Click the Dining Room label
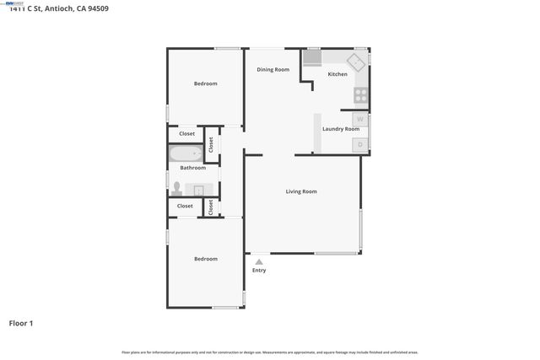(273, 69)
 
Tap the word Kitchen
(337, 74)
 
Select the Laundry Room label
(341, 129)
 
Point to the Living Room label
(301, 191)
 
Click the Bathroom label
(192, 168)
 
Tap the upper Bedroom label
(205, 83)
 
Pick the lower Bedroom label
(205, 259)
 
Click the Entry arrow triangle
(259, 261)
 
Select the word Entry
(259, 270)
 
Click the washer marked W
(360, 120)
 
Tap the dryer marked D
(360, 145)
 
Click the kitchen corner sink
(357, 62)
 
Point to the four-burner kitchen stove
(361, 94)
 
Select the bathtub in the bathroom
(186, 153)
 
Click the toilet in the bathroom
(177, 187)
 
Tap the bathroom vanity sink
(200, 189)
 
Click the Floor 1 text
(21, 323)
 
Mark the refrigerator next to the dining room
(312, 57)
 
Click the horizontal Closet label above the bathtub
(186, 133)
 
